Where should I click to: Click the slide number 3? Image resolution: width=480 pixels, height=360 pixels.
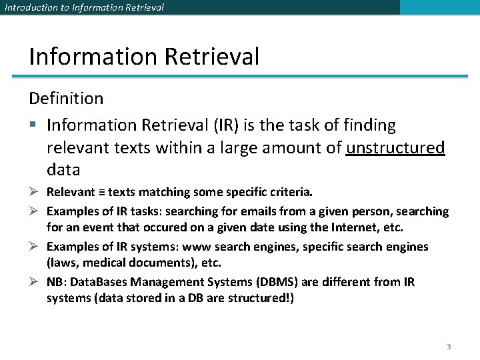(449, 347)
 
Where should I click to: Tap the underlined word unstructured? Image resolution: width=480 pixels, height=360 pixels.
(395, 147)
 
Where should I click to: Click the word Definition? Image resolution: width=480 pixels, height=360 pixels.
(66, 99)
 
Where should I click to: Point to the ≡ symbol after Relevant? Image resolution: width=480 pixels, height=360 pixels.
(101, 193)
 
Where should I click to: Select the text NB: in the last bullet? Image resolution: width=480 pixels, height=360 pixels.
(56, 282)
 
